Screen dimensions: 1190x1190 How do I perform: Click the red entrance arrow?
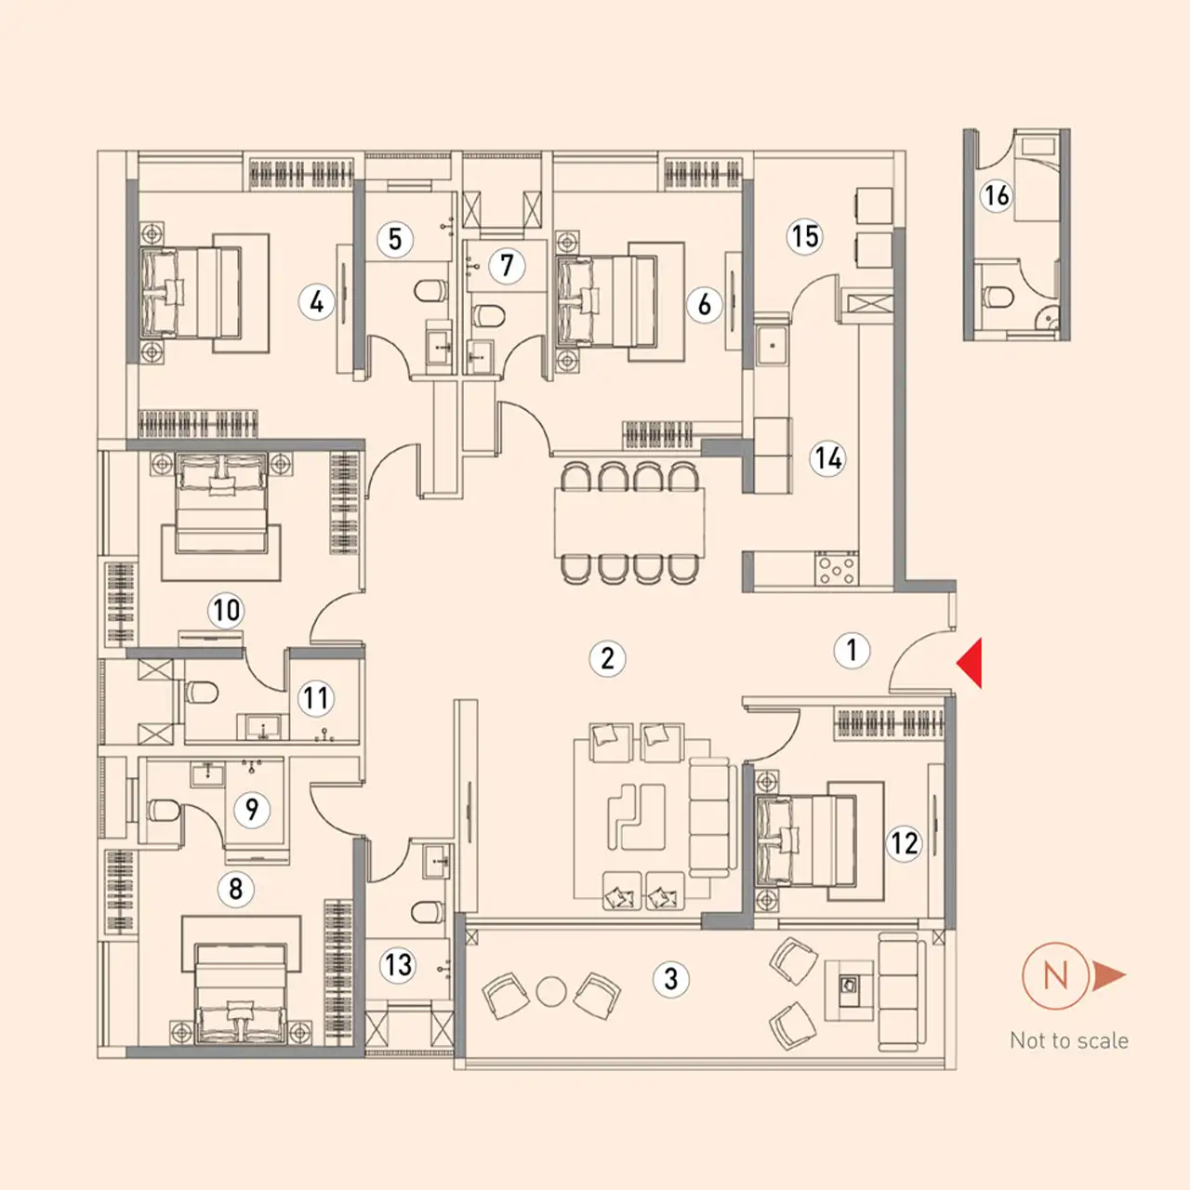pyautogui.click(x=972, y=663)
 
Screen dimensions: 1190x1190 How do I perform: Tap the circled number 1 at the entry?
pyautogui.click(x=852, y=650)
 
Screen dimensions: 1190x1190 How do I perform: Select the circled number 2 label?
pyautogui.click(x=607, y=658)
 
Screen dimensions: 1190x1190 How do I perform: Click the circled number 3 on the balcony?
pyautogui.click(x=670, y=978)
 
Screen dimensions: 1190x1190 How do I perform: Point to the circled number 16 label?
pyautogui.click(x=996, y=196)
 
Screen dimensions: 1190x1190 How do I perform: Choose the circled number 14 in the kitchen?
pyautogui.click(x=827, y=458)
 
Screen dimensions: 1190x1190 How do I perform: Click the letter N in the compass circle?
pyautogui.click(x=1055, y=976)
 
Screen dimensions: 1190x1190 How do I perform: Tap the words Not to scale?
pyautogui.click(x=1069, y=1040)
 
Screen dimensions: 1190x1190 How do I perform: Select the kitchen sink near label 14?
pyautogui.click(x=772, y=346)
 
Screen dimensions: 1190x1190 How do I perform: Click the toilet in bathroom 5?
pyautogui.click(x=430, y=290)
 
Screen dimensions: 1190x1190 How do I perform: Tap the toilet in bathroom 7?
pyautogui.click(x=488, y=315)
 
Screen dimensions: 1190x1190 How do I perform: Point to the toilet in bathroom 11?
pyautogui.click(x=202, y=693)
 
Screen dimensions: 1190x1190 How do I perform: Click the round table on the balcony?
pyautogui.click(x=551, y=992)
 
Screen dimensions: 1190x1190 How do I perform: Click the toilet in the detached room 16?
pyautogui.click(x=997, y=297)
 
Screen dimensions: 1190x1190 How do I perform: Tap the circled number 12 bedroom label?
pyautogui.click(x=904, y=843)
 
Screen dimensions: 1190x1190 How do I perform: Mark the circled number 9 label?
pyautogui.click(x=252, y=808)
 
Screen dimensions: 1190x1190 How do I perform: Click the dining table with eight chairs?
pyautogui.click(x=629, y=523)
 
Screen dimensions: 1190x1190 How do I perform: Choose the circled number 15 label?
pyautogui.click(x=805, y=236)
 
